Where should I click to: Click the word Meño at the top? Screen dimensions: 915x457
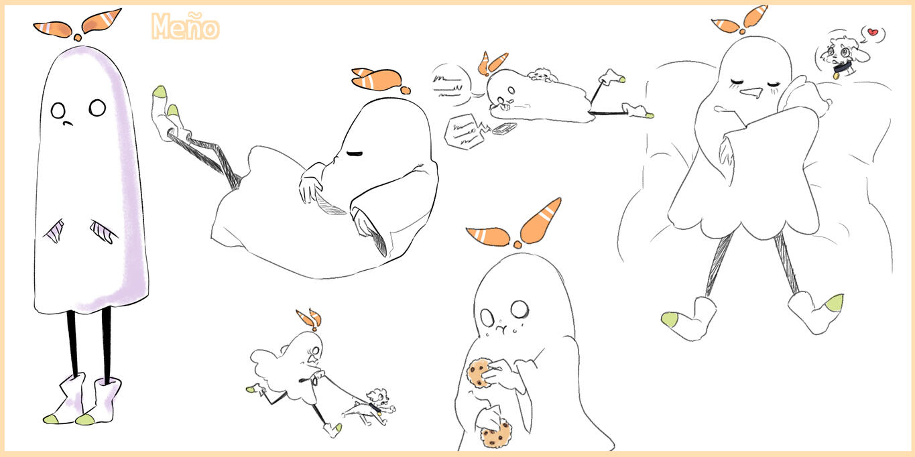pyautogui.click(x=186, y=27)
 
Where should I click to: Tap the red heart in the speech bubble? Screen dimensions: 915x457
pyautogui.click(x=872, y=32)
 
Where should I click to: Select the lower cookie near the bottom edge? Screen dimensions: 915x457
pyautogui.click(x=496, y=434)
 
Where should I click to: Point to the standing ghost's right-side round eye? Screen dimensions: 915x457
pyautogui.click(x=97, y=108)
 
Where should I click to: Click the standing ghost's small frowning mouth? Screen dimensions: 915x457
pyautogui.click(x=68, y=123)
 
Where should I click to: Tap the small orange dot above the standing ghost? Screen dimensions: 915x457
pyautogui.click(x=77, y=38)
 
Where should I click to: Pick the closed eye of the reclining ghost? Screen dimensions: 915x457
pyautogui.click(x=354, y=154)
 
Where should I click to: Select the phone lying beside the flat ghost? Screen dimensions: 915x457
pyautogui.click(x=504, y=129)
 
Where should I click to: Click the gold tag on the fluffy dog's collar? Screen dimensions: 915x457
pyautogui.click(x=836, y=76)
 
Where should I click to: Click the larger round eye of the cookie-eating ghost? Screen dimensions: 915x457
pyautogui.click(x=520, y=309)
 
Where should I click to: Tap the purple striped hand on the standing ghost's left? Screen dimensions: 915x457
pyautogui.click(x=55, y=231)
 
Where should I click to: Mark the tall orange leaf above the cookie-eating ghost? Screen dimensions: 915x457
pyautogui.click(x=540, y=220)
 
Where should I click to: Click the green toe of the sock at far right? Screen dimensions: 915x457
pyautogui.click(x=835, y=303)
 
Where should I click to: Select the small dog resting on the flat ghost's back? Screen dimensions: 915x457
pyautogui.click(x=542, y=75)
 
